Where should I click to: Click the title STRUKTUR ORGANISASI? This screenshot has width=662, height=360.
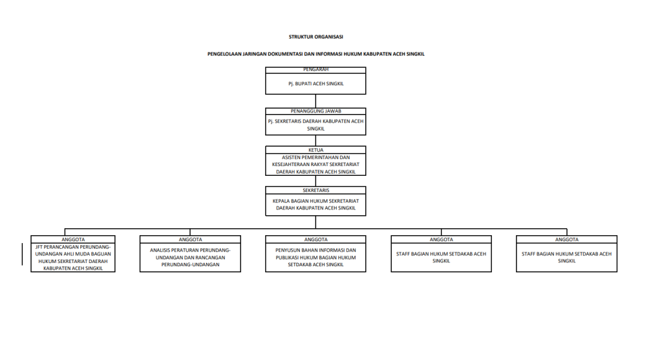point(315,37)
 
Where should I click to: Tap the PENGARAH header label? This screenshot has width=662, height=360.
point(315,70)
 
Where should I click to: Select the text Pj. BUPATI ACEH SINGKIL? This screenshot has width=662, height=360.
point(315,83)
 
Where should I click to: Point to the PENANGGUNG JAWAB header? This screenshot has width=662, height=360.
point(315,111)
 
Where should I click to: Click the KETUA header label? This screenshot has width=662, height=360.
point(315,150)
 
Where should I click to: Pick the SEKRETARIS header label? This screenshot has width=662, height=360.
point(315,190)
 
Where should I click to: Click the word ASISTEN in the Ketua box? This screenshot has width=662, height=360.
point(291,158)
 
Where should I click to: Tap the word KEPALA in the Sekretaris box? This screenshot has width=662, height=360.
point(281,201)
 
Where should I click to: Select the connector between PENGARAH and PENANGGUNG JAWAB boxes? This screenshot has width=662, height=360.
point(315,101)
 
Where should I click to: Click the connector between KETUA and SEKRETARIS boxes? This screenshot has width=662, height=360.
point(315,181)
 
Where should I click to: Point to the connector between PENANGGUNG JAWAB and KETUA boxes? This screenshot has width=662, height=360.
point(315,140)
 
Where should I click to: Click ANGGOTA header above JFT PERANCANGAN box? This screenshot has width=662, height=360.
point(73,239)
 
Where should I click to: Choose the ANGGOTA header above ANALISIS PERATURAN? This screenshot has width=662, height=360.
point(191,239)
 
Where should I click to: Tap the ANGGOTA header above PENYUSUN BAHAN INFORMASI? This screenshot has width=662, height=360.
point(315,239)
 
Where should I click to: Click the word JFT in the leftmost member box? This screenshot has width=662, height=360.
point(39,247)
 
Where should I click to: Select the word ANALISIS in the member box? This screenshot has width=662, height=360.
point(160,250)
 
